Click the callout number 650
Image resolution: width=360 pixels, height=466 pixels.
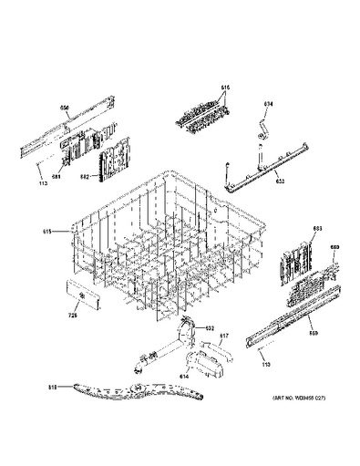tap(65, 109)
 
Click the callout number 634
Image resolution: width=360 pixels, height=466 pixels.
tap(269, 104)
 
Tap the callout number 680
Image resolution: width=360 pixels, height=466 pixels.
tap(334, 247)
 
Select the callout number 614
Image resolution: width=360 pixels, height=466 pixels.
tap(183, 375)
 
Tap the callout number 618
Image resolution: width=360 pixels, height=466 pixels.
tap(52, 388)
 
